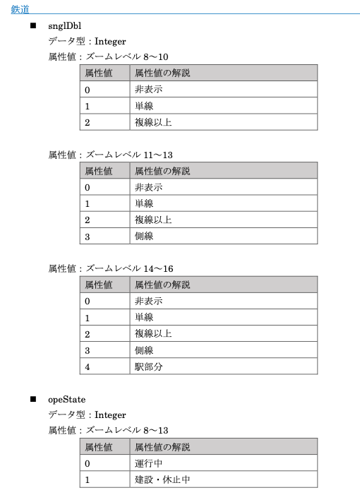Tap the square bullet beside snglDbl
[x=33, y=26]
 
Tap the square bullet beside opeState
[x=33, y=399]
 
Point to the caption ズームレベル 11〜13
[x=129, y=155]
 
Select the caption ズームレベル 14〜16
[x=129, y=268]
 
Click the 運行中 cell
[x=148, y=463]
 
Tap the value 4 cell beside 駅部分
[x=88, y=366]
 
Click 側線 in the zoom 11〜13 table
[x=144, y=237]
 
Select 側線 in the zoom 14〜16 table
[x=144, y=350]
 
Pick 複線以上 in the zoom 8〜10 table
[x=153, y=122]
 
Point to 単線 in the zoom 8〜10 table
[x=144, y=106]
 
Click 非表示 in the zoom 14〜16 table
[x=148, y=302]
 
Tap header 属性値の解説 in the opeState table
[x=162, y=447]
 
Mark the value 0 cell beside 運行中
[x=88, y=463]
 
